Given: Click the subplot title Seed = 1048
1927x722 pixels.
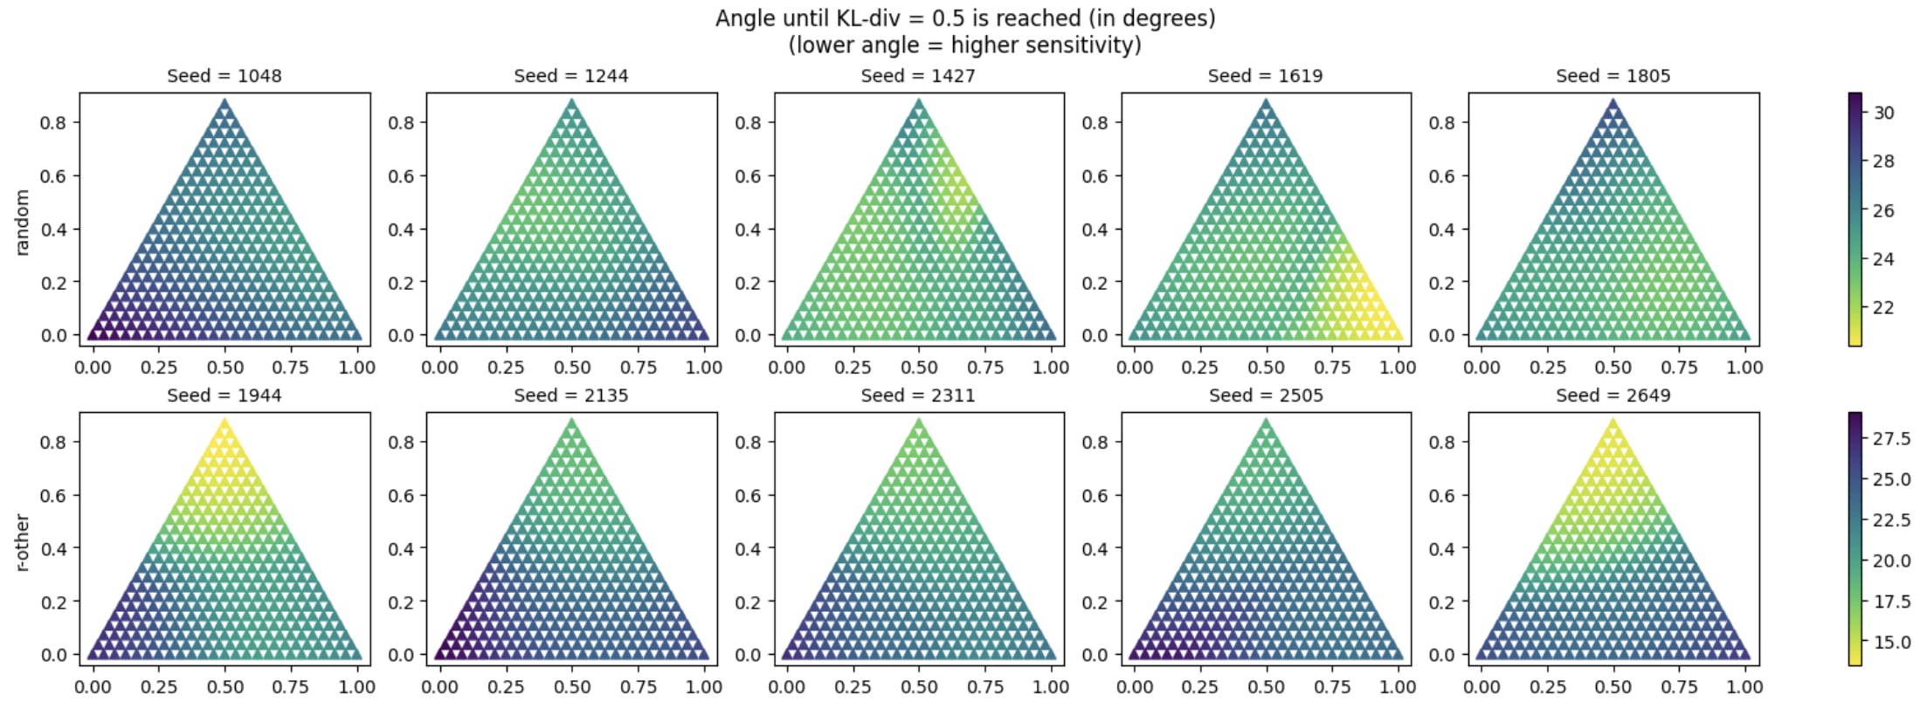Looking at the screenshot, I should click(224, 76).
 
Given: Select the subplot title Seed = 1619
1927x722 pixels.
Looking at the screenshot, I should click(1265, 76).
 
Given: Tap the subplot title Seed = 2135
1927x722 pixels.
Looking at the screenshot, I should click(571, 395).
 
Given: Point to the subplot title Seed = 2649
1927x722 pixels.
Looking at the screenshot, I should click(1613, 395).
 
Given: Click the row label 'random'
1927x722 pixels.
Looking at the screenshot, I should click(23, 223).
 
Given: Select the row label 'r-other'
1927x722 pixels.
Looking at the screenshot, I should click(23, 542).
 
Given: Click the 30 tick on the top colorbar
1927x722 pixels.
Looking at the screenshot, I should click(1883, 113).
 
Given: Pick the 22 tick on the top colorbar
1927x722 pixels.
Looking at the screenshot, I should click(1883, 308).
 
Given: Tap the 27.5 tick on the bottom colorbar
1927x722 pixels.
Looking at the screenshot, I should click(1891, 439).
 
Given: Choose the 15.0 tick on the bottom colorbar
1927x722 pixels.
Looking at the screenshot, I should click(1891, 643).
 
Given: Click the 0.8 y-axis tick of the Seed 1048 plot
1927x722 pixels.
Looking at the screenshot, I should click(52, 123).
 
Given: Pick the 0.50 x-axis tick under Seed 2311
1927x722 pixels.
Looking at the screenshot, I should click(919, 687).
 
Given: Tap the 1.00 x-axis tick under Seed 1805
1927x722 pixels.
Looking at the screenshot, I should click(1744, 368).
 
